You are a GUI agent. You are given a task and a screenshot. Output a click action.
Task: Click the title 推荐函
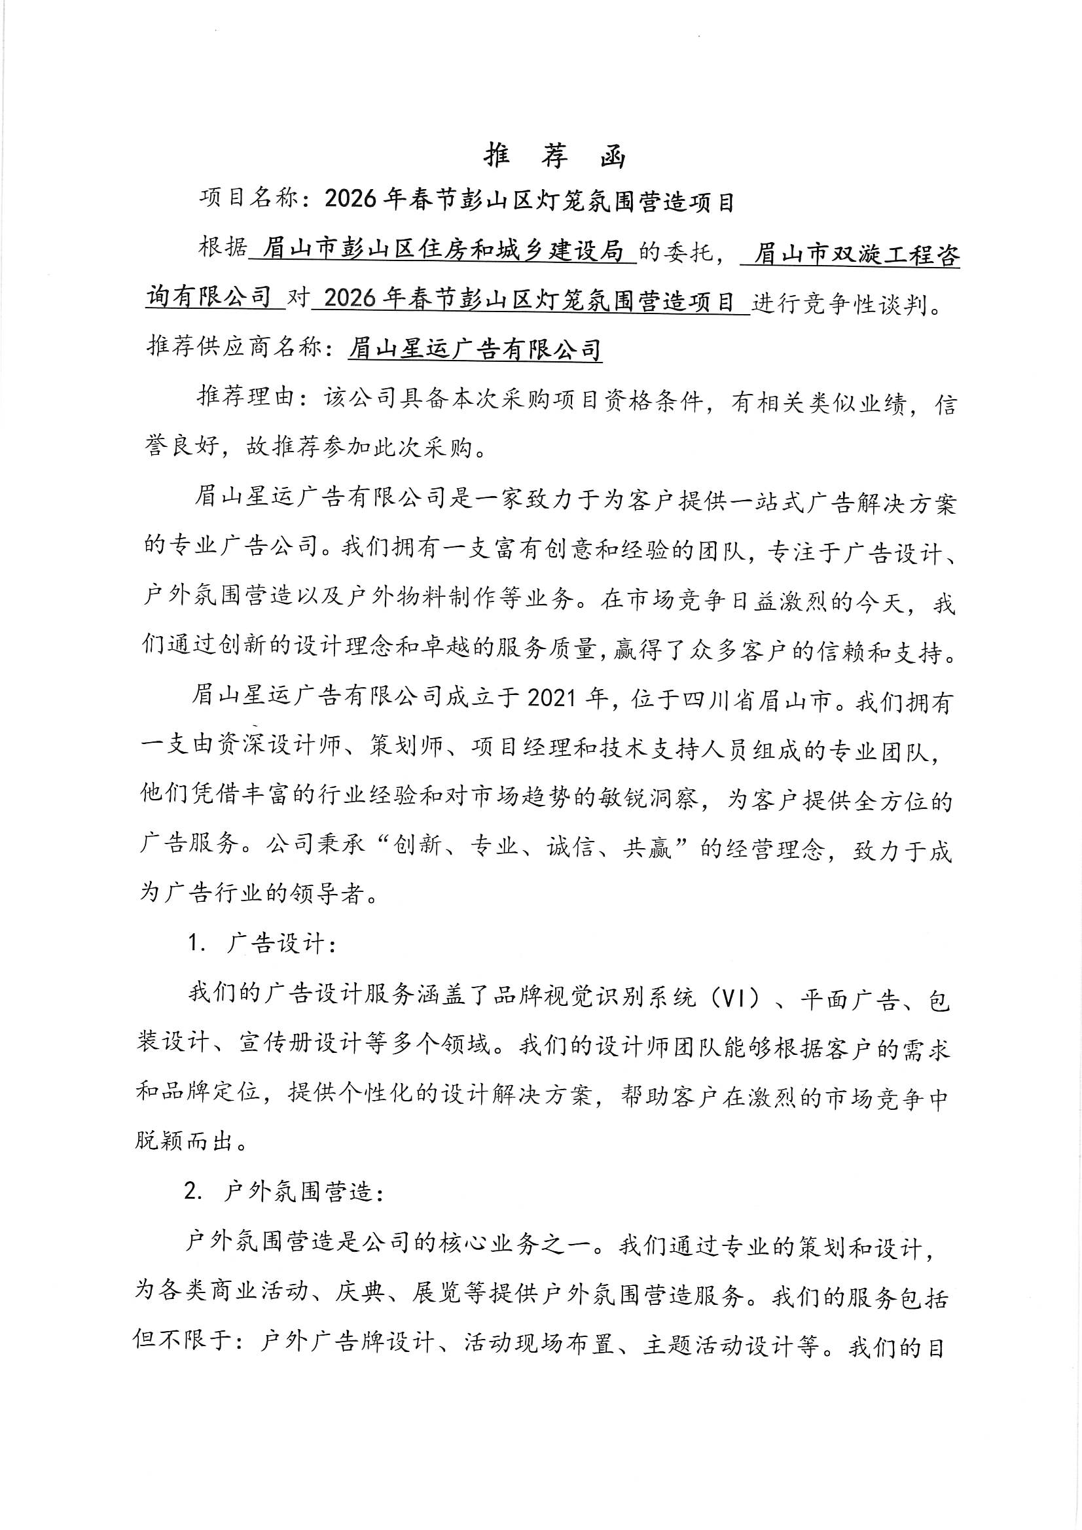[x=554, y=156]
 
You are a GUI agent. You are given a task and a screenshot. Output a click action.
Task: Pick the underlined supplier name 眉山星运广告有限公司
[x=475, y=349]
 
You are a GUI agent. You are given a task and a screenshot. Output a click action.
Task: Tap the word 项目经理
[x=520, y=747]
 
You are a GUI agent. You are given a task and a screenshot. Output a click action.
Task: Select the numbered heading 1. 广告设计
[x=263, y=944]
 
